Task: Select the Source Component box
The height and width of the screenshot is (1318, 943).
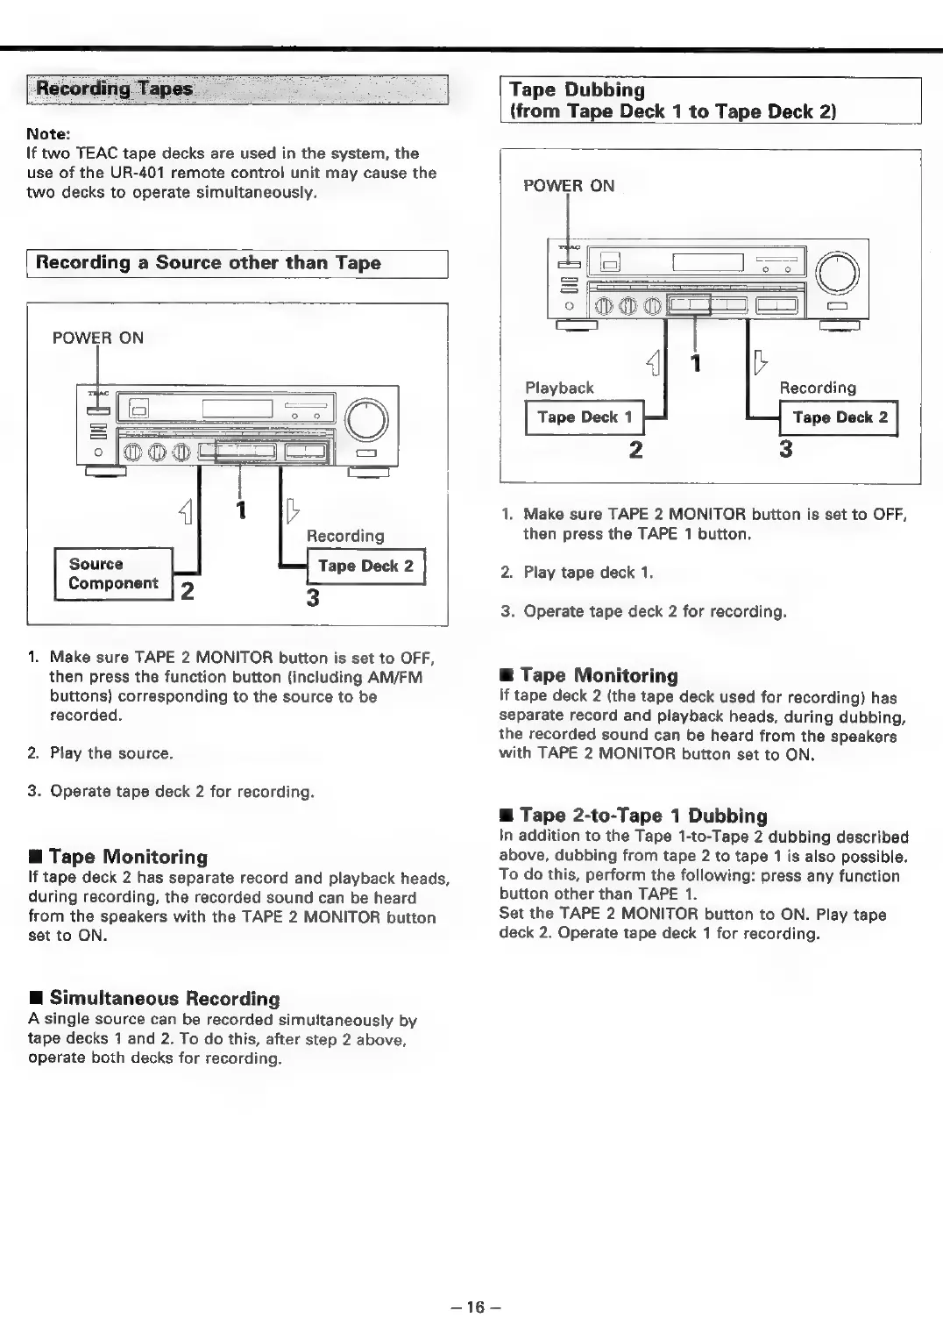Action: [113, 574]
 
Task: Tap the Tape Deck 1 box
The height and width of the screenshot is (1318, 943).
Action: [585, 417]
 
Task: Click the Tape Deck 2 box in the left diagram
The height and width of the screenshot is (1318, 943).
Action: [365, 566]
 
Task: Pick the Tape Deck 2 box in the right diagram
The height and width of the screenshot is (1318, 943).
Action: [840, 417]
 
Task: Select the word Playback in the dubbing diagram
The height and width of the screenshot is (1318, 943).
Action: [559, 388]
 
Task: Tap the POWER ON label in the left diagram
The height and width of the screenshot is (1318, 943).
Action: [98, 338]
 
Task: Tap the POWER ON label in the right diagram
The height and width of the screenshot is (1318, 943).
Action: [569, 186]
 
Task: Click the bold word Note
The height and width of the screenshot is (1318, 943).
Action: [48, 134]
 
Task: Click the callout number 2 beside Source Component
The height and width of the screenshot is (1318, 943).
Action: [187, 591]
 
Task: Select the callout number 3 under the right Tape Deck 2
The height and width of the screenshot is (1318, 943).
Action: [785, 449]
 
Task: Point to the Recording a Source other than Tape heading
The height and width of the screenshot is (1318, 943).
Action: [209, 263]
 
